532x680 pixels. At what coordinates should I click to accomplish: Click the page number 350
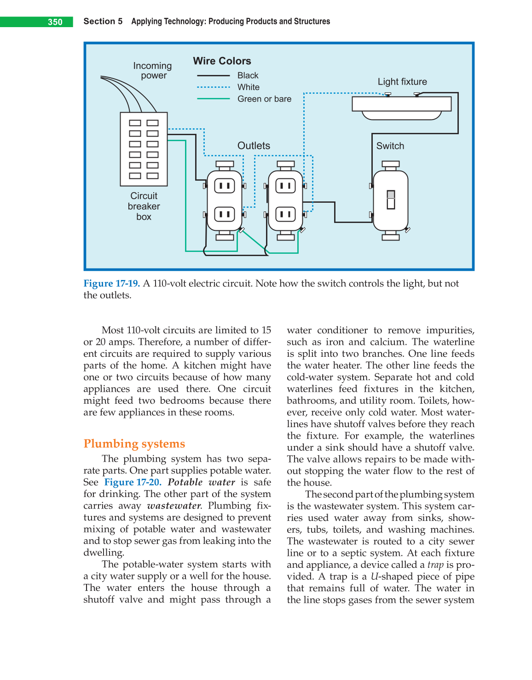pos(55,22)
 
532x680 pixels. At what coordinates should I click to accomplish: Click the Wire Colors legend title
pos(222,61)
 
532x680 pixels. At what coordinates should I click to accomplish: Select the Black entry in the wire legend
pos(248,75)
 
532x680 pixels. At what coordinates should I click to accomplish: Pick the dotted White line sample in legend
pos(214,87)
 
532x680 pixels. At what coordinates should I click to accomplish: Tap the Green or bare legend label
pos(264,99)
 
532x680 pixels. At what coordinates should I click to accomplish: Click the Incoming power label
pos(152,71)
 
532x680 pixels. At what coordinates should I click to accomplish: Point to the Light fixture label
pos(402,82)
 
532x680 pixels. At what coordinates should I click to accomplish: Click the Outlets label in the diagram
pos(254,146)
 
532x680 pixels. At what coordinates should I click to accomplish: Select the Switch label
pos(390,146)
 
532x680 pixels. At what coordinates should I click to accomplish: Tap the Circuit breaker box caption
pos(144,206)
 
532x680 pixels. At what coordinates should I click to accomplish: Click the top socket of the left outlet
pos(225,186)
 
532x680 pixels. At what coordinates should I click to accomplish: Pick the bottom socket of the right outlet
pos(285,214)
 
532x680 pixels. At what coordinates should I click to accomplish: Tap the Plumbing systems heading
pos(134,444)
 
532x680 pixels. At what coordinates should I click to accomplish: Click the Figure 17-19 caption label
pos(111,284)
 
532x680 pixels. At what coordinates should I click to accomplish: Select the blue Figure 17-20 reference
pos(133,482)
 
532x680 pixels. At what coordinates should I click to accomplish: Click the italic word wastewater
pos(174,506)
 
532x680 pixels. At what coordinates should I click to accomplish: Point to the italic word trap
pos(435,565)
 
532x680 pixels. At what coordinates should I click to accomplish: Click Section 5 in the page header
pos(103,22)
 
